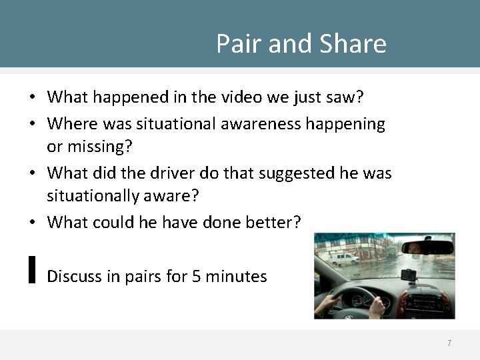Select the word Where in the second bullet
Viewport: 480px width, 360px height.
[x=73, y=123]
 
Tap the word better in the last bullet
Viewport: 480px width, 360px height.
[x=267, y=223]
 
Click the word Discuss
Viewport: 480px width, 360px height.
[x=74, y=275]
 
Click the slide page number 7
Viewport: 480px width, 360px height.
[x=449, y=343]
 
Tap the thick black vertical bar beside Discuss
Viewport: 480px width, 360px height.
[x=32, y=269]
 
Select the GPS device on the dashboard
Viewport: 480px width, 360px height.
[x=407, y=275]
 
